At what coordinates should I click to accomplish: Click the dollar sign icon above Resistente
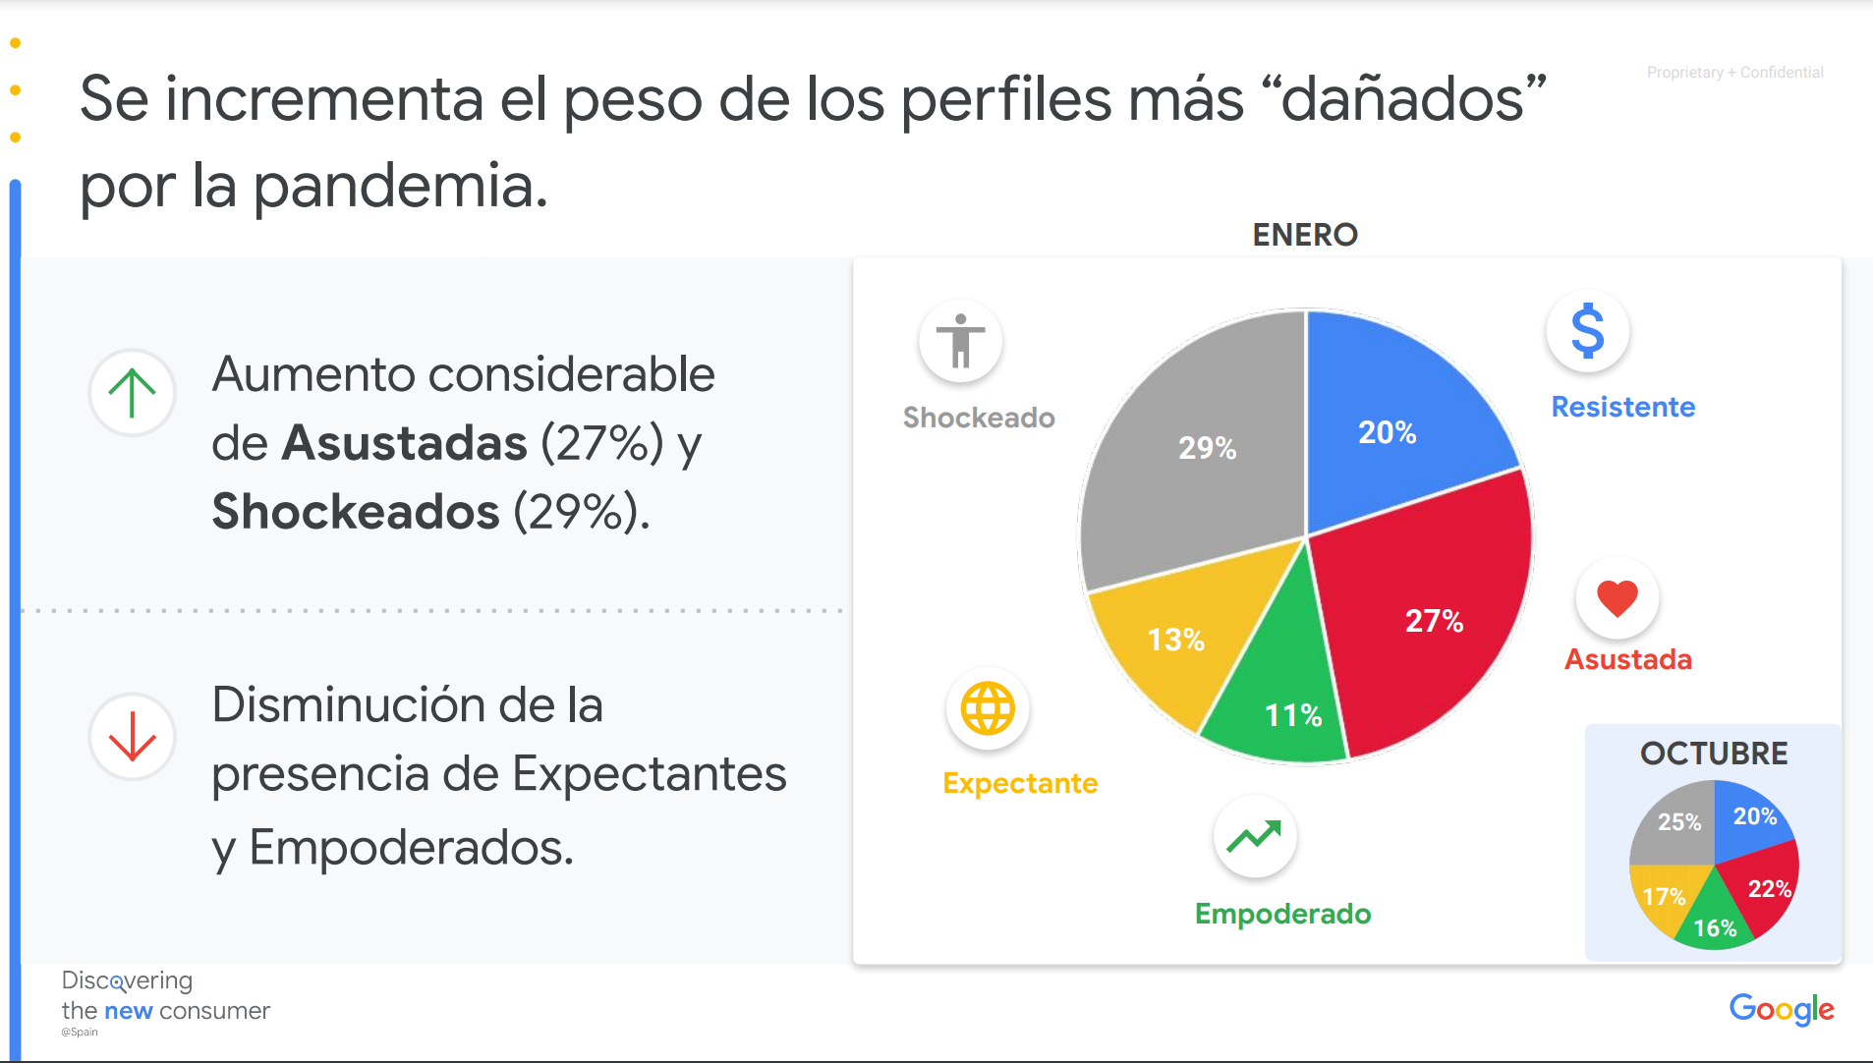pos(1587,331)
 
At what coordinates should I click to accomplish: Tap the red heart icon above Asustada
pos(1617,597)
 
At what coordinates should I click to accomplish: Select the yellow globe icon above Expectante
pos(987,707)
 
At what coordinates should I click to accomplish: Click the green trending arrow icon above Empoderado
pos(1255,837)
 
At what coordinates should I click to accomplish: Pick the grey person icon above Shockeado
pos(960,341)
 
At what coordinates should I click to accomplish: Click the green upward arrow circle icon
pos(132,392)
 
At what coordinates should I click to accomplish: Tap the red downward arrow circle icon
pos(132,737)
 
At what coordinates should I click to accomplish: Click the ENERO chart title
pos(1304,235)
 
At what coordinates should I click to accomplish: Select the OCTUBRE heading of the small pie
pos(1713,754)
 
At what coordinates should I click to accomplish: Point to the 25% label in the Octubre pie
pos(1678,822)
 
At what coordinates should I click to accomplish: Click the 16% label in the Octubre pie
pos(1714,928)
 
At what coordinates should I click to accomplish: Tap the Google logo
pos(1781,1009)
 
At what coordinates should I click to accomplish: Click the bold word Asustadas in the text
pos(404,443)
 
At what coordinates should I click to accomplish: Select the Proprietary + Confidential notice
pos(1734,73)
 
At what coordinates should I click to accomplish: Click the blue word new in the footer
pos(128,1011)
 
